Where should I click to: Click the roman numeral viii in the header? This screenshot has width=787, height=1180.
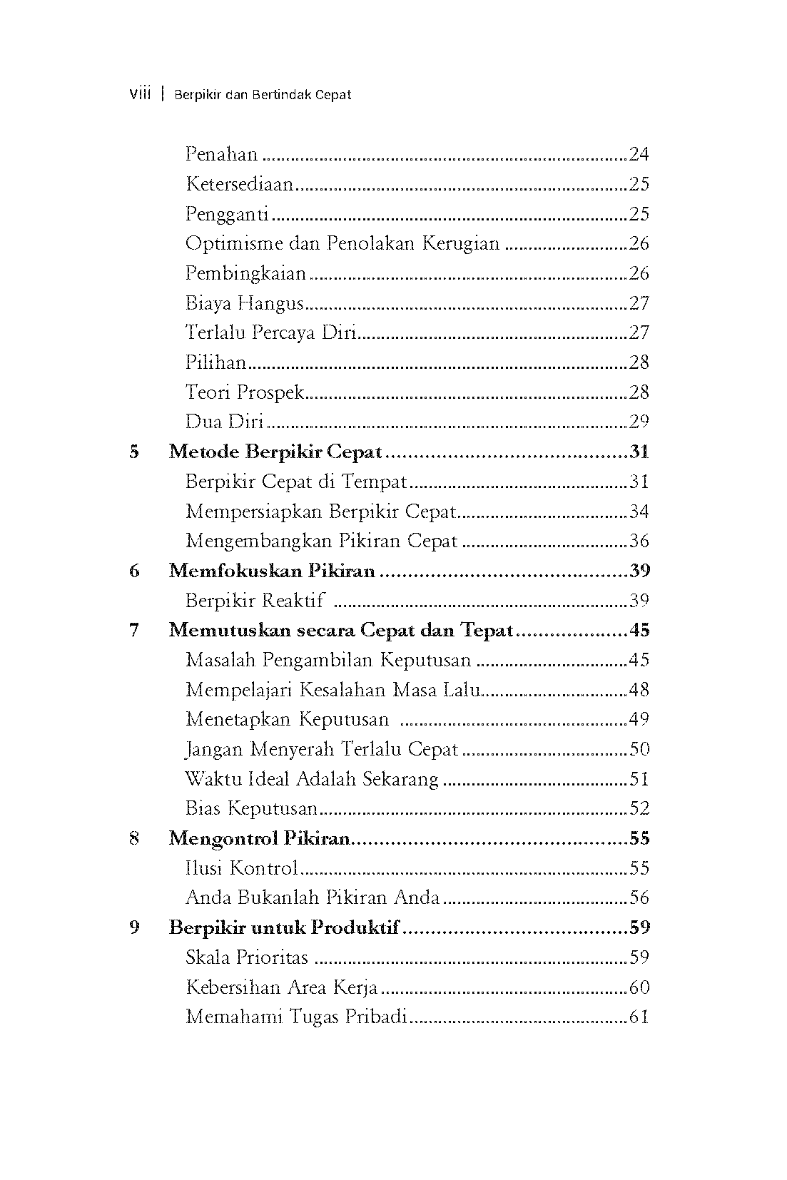point(140,94)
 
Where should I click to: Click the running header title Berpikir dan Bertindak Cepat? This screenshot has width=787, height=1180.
point(263,95)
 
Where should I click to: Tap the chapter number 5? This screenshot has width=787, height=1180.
point(134,452)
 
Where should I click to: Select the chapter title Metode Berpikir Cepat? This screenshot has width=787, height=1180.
point(275,452)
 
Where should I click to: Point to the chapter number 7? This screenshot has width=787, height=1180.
point(134,631)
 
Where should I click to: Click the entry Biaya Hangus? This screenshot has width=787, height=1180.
point(245,303)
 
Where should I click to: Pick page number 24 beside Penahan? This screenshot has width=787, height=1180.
point(639,154)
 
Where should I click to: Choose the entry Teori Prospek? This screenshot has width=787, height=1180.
point(245,392)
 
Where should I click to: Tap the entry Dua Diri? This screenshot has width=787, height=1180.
point(224,422)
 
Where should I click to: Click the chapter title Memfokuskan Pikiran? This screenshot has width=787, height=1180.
point(272,571)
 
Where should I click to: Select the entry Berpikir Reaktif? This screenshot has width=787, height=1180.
point(255,601)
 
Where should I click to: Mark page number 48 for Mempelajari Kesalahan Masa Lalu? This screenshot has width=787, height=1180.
point(639,690)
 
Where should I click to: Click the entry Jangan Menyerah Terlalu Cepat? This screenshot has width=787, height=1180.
point(322,749)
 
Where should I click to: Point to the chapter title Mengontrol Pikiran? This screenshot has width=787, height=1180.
point(259,838)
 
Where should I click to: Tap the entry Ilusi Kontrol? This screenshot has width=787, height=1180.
point(241,868)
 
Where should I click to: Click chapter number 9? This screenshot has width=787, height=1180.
point(134,927)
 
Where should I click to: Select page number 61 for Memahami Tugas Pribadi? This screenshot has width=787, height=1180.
point(639,1017)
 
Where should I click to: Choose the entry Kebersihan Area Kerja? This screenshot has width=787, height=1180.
point(281,987)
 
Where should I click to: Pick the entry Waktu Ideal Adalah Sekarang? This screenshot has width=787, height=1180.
point(312,779)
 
